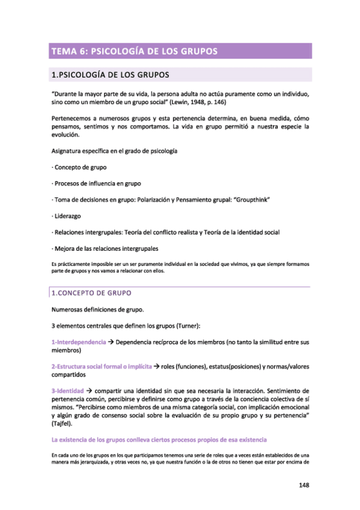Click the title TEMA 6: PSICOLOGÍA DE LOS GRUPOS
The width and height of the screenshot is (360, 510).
135,51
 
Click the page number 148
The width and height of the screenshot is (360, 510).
304,485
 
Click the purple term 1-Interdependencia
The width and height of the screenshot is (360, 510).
78,342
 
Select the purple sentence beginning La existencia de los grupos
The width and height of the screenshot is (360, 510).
159,440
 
